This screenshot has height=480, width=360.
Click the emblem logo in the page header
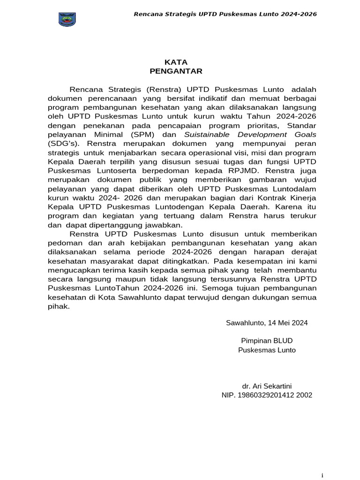pos(67,19)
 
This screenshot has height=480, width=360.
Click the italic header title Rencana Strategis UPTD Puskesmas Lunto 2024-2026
pos(225,14)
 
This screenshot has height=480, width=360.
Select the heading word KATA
pos(176,62)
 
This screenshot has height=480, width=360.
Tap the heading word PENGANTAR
pos(176,71)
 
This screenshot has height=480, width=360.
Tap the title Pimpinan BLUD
pos(267,341)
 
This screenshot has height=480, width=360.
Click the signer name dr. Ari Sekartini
pos(267,386)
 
